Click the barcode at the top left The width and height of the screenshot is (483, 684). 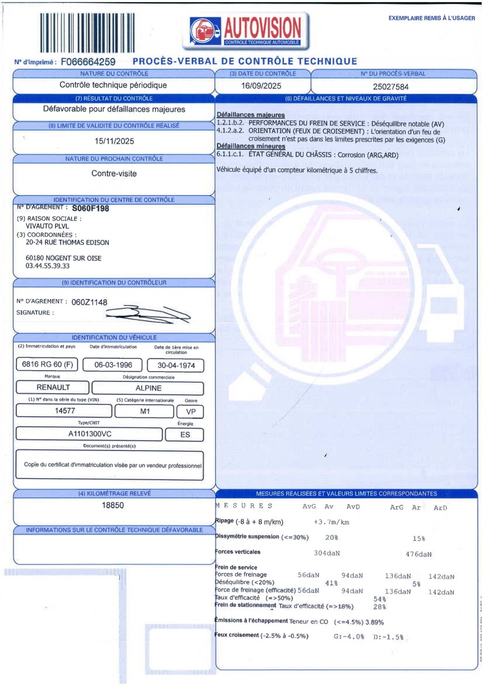87,32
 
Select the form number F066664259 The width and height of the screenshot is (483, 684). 88,62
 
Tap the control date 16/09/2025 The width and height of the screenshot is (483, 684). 261,86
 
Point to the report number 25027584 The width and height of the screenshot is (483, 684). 391,87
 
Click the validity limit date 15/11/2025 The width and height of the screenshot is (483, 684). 114,141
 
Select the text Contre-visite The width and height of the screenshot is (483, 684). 114,174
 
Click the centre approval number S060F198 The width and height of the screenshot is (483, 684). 91,208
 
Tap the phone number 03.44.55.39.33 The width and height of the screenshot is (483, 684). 47,266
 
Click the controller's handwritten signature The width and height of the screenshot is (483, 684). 147,314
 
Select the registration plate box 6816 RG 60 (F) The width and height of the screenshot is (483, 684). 47,364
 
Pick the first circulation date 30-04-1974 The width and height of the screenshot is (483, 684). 176,365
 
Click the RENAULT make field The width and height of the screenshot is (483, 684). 53,387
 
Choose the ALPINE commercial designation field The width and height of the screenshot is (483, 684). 148,388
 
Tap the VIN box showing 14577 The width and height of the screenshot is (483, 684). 65,411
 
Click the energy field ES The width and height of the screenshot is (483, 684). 185,435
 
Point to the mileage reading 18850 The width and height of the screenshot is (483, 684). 113,505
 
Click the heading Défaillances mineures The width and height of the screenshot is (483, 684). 251,146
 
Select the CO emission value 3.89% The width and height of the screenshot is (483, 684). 374,622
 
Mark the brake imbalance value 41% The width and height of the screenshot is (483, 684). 331,583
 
